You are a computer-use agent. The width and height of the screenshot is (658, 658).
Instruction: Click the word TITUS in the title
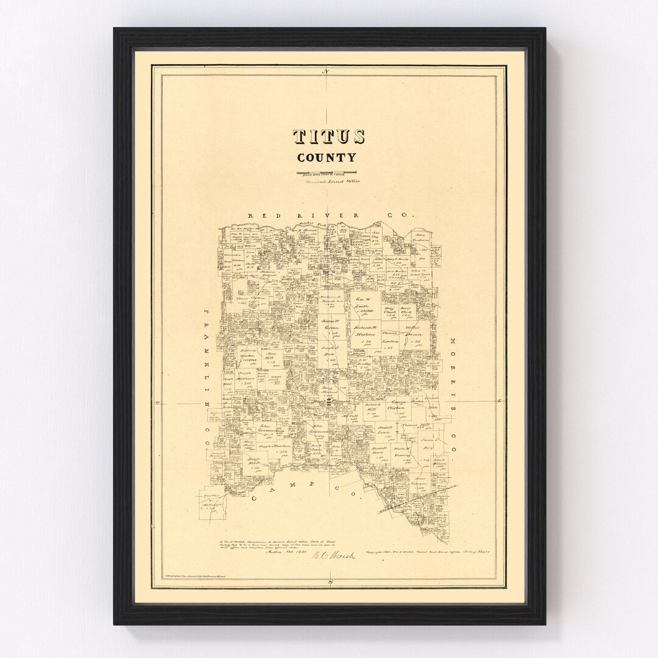[329, 137]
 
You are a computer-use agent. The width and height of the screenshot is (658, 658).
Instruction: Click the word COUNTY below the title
[327, 157]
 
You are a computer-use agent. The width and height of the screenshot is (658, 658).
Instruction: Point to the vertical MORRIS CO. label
[451, 393]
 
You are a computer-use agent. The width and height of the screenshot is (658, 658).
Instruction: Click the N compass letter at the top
[327, 73]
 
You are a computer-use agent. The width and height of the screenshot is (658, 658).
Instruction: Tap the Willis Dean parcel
[415, 338]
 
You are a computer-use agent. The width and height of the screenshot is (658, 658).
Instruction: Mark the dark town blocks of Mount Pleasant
[330, 403]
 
